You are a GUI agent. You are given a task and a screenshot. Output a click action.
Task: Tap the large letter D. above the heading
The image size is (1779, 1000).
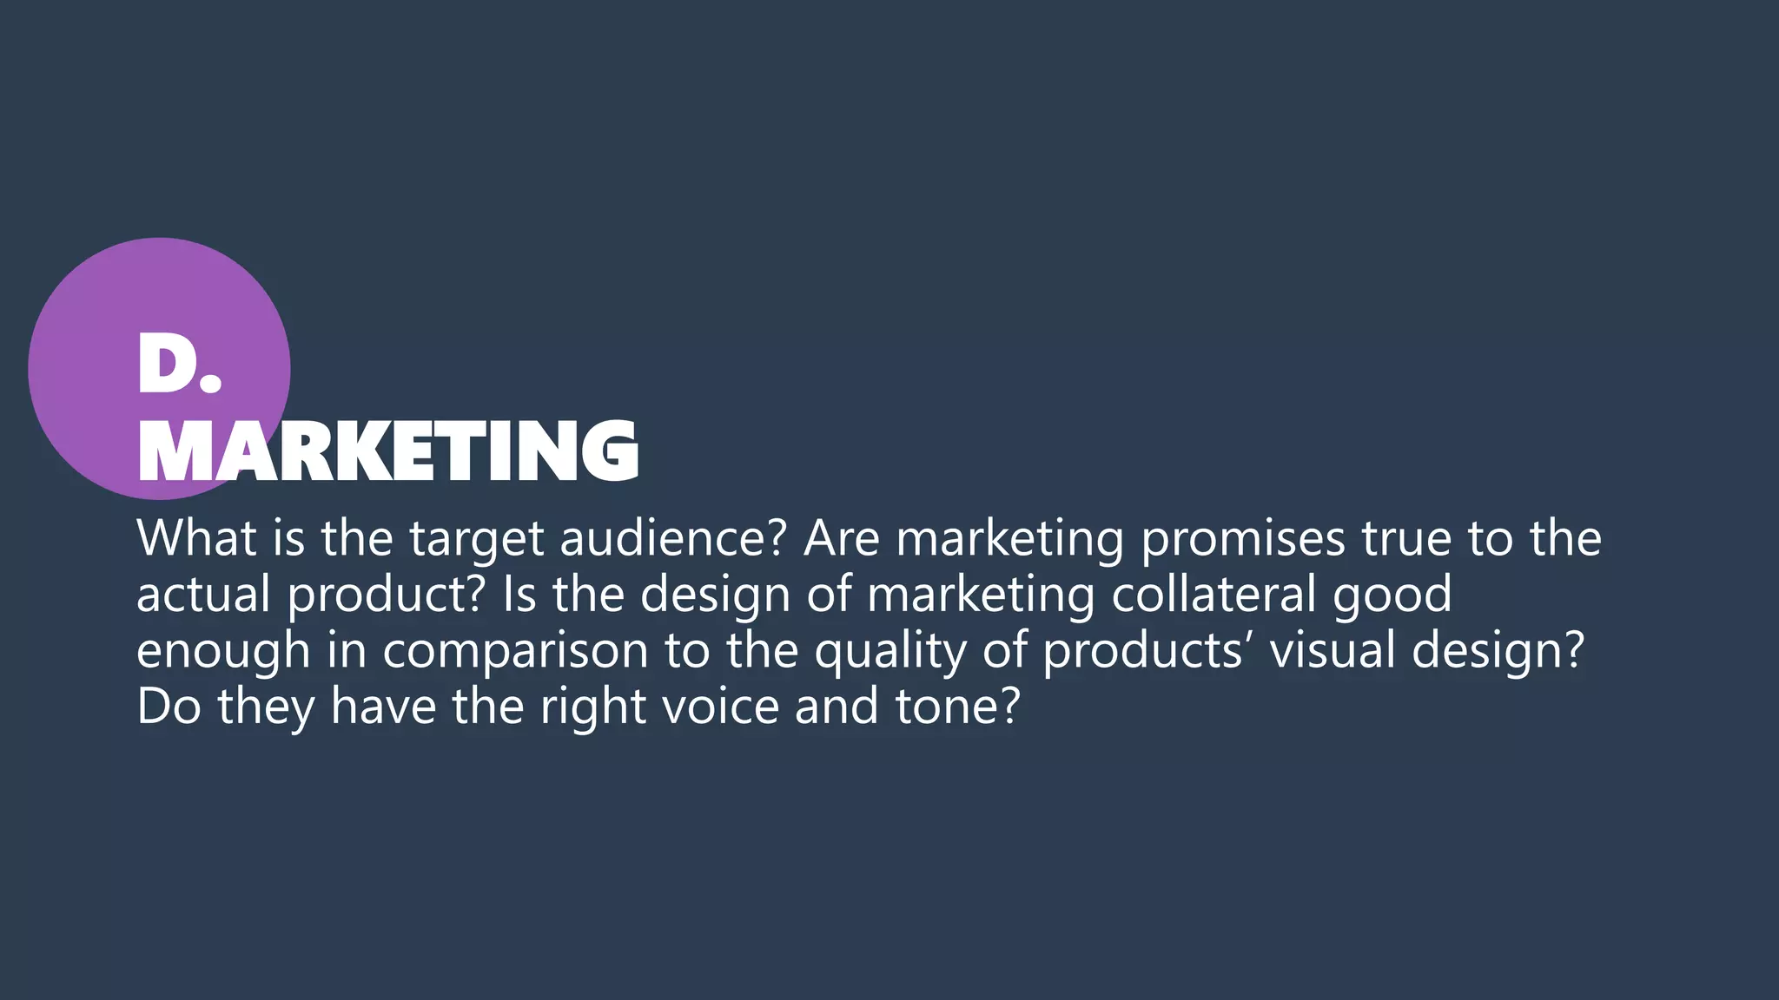point(179,365)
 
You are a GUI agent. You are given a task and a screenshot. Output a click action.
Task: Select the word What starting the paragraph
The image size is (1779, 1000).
point(196,538)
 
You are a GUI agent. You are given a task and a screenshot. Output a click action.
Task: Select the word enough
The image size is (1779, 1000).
point(223,651)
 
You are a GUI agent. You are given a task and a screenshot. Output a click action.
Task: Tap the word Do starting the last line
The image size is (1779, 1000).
point(169,707)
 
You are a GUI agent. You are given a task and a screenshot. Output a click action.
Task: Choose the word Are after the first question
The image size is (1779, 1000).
point(842,538)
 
